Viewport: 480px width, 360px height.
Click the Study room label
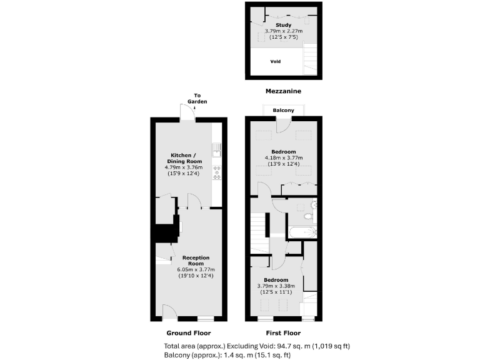[x=283, y=25]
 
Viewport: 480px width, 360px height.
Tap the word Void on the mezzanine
[x=276, y=62]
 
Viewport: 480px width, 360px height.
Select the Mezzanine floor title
[x=283, y=91]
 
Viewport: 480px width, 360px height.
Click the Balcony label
[x=283, y=110]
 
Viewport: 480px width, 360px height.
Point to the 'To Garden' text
[x=200, y=98]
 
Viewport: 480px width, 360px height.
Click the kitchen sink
[x=217, y=148]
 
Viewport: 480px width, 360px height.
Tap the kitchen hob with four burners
[x=217, y=172]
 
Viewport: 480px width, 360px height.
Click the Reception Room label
[x=196, y=261]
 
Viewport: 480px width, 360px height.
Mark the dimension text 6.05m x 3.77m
[x=196, y=269]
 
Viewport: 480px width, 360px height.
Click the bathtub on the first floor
[x=301, y=232]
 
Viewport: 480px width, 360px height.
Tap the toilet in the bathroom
[x=311, y=215]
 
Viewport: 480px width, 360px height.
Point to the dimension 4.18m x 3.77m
[x=283, y=157]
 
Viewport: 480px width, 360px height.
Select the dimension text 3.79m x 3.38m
[x=276, y=286]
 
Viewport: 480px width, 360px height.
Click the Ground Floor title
[x=188, y=333]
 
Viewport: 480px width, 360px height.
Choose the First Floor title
[x=283, y=333]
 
